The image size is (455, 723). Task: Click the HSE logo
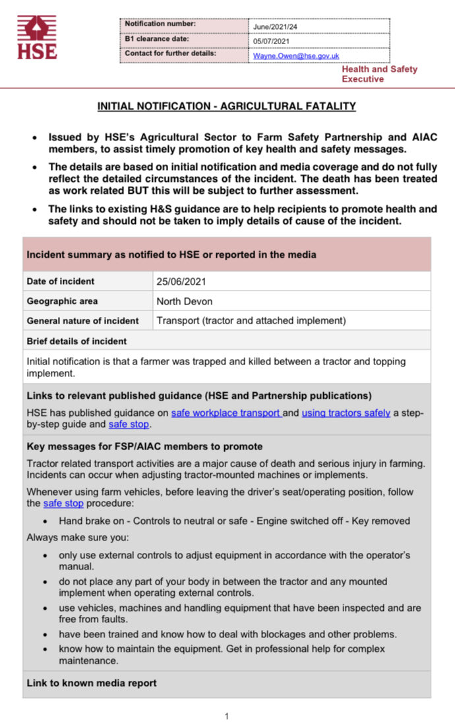click(x=37, y=38)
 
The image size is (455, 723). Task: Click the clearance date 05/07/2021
click(x=272, y=42)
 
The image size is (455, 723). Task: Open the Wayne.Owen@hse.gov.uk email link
click(x=296, y=56)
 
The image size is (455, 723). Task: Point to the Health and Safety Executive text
click(x=379, y=74)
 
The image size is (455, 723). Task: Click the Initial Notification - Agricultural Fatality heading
click(x=227, y=106)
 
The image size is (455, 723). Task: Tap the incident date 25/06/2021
click(x=181, y=281)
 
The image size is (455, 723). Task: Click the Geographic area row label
click(x=62, y=301)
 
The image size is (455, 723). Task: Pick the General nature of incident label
click(x=82, y=321)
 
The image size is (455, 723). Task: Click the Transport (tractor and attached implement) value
click(x=251, y=321)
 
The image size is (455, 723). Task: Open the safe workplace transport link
click(x=226, y=413)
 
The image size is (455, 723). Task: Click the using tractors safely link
click(x=346, y=413)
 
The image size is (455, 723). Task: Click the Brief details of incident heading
click(x=76, y=341)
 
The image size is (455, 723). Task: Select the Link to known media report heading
click(x=92, y=683)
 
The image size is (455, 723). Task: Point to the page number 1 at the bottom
click(x=227, y=716)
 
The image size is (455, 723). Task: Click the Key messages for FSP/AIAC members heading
click(x=144, y=446)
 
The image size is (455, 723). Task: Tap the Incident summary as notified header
click(x=171, y=254)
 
